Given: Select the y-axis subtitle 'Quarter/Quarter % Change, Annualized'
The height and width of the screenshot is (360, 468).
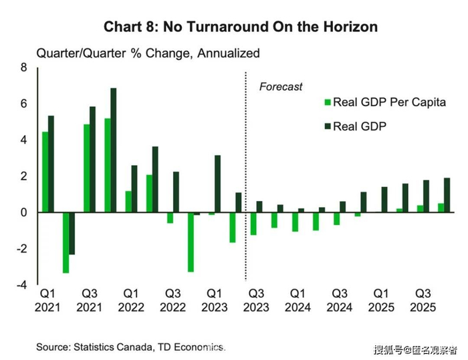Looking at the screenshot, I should (148, 53).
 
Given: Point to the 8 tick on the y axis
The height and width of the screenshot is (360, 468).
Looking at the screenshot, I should (23, 67).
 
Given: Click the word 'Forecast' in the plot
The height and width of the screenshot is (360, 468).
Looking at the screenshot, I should (281, 87).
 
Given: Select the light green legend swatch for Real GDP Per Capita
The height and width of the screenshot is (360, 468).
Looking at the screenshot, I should (328, 103).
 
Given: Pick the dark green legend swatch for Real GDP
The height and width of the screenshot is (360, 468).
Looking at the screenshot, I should (328, 126).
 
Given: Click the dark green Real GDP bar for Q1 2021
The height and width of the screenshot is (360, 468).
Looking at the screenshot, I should (51, 164).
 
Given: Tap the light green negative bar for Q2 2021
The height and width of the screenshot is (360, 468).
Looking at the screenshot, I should (66, 242).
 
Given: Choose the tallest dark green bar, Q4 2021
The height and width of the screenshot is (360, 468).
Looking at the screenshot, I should (114, 150).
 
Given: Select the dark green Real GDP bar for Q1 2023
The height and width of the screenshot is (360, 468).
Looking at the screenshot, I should (217, 184).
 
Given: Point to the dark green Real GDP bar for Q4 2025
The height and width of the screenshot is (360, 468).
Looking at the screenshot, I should (447, 195).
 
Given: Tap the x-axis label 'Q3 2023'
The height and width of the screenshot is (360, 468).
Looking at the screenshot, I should (256, 301).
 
